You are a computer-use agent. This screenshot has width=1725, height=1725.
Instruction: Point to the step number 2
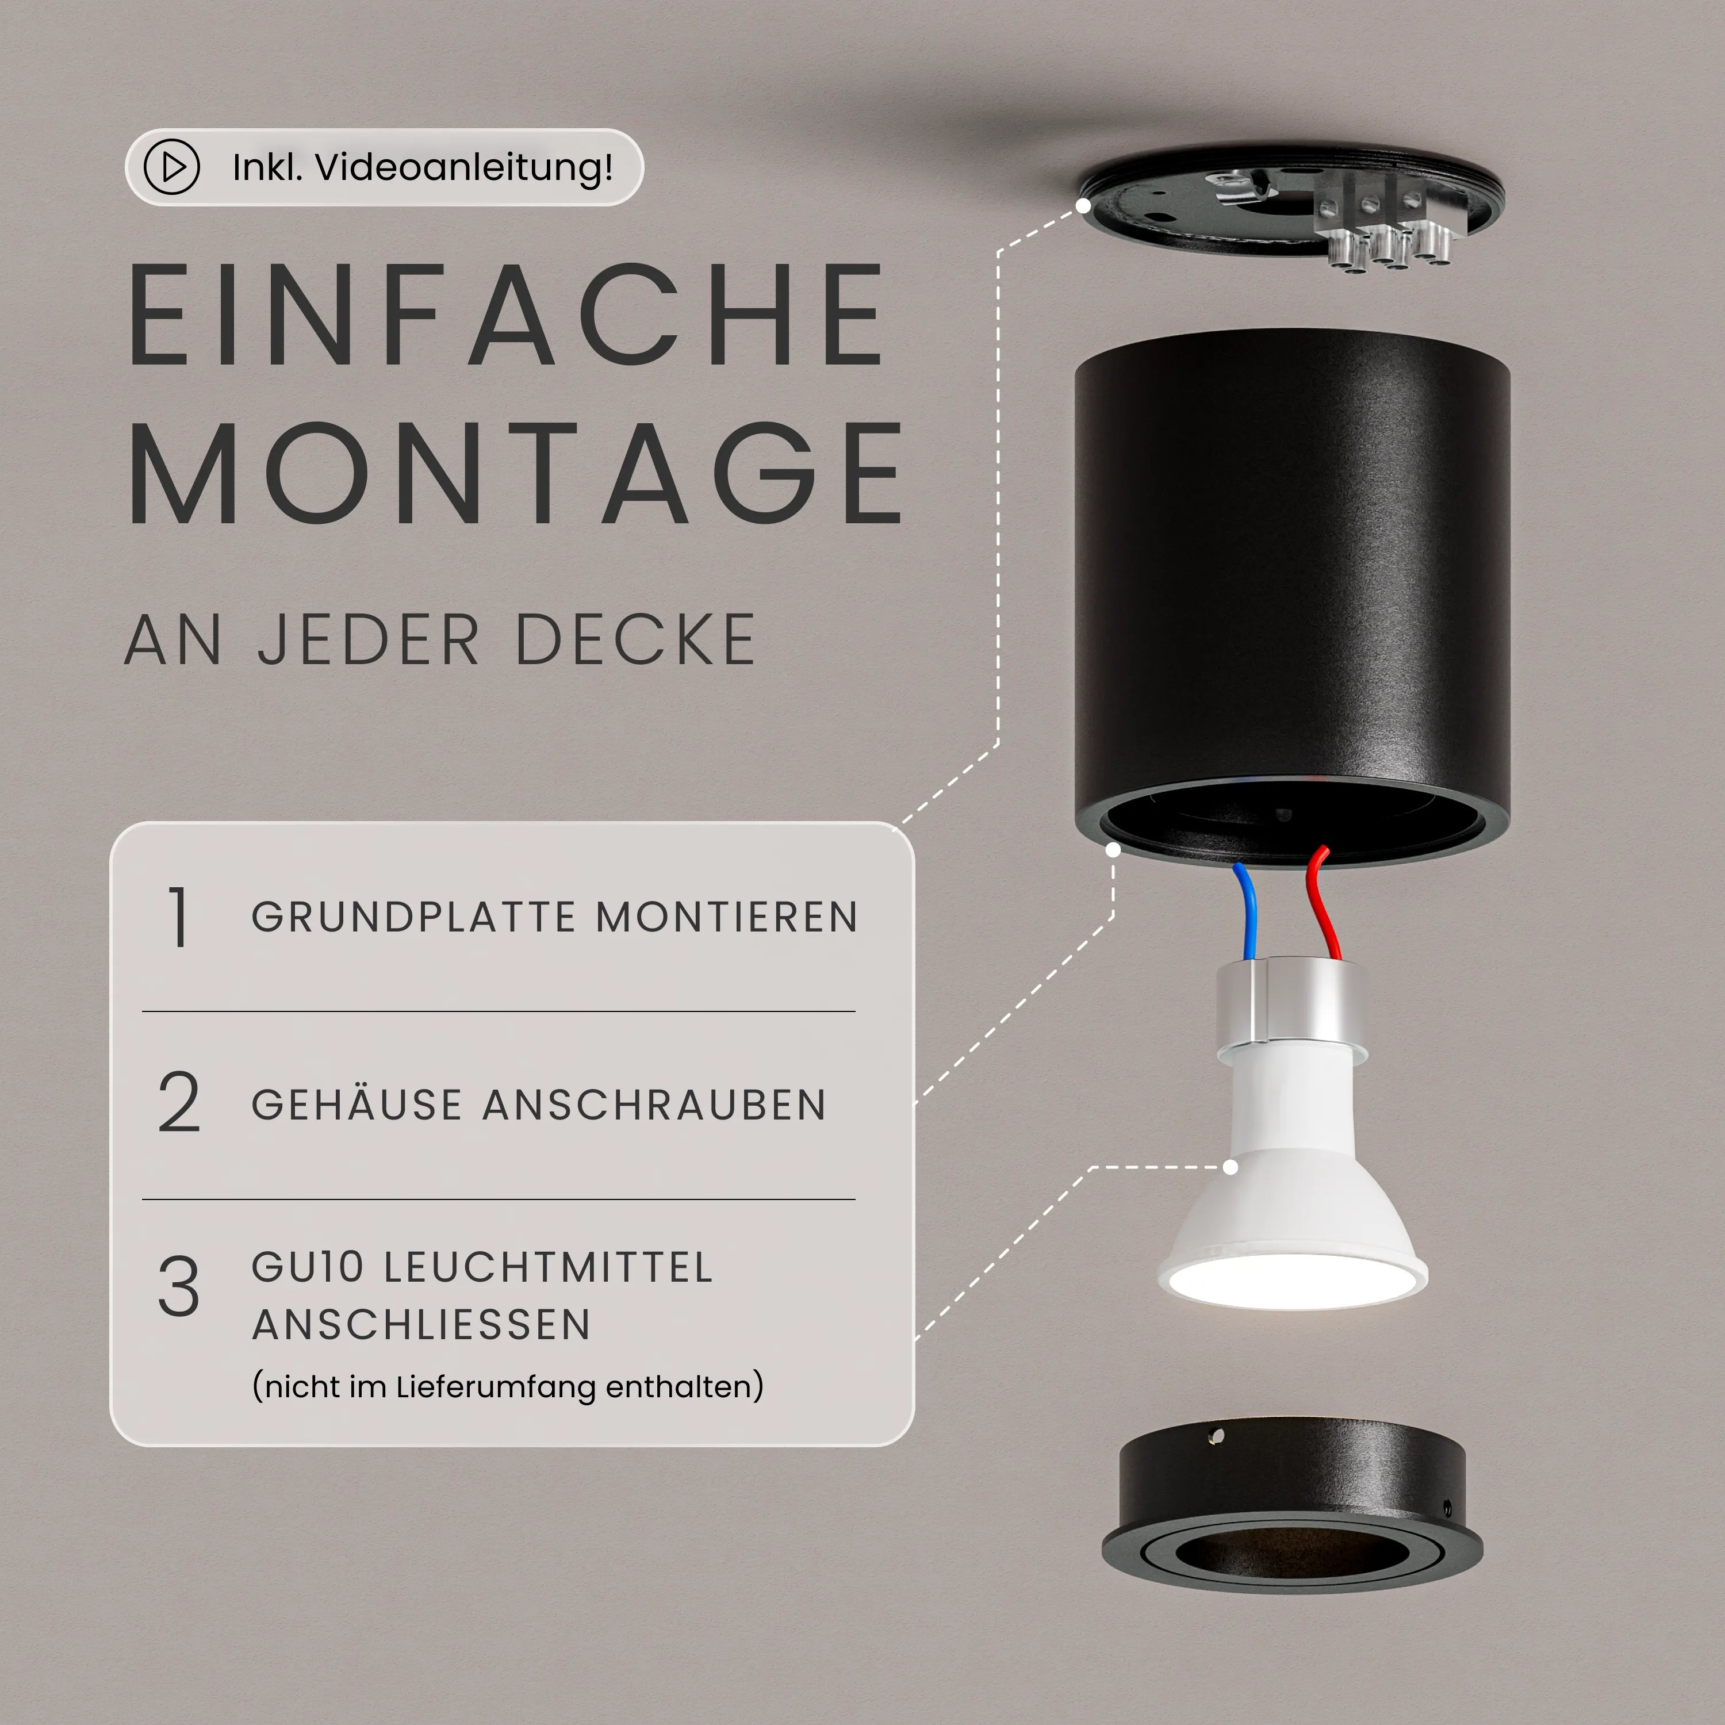(x=179, y=1103)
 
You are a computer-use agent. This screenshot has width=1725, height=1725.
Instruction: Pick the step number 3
(x=179, y=1287)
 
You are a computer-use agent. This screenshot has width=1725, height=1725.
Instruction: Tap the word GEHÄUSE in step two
(x=357, y=1105)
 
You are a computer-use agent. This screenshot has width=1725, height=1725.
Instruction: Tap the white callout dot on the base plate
(x=1083, y=205)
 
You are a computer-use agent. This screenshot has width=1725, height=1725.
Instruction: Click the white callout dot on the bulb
(x=1230, y=1167)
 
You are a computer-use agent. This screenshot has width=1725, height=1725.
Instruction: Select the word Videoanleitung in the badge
(x=464, y=167)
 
